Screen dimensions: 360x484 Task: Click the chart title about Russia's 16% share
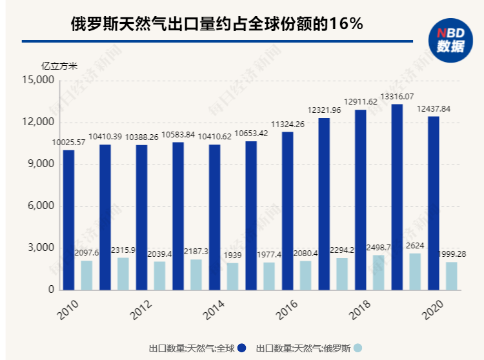tap(217, 25)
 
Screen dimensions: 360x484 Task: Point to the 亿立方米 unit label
tap(59, 66)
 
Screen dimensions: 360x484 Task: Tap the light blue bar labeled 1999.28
tap(452, 276)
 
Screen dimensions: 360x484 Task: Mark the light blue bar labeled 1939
tap(232, 277)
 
